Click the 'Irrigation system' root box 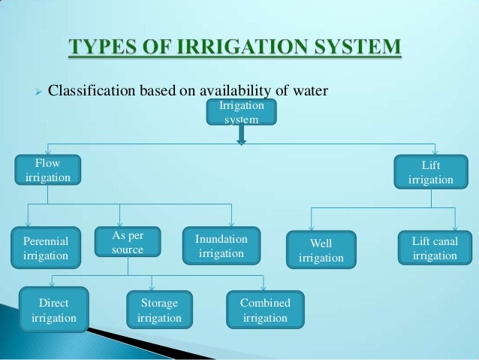241,113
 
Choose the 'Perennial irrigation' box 45,249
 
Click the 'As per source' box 127,242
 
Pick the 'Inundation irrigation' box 221,247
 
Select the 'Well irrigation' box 321,250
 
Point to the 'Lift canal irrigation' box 435,248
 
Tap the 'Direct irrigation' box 53,310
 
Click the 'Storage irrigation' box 159,310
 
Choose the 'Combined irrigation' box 264,310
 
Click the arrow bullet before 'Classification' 32,92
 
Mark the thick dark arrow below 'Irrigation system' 241,135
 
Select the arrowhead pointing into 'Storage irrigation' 152,288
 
